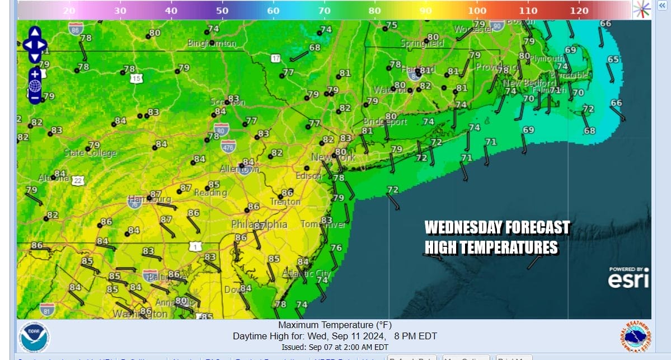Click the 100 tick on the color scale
click(477, 10)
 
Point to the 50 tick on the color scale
click(222, 10)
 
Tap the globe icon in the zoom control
click(35, 86)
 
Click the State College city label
click(90, 153)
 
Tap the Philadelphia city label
click(259, 225)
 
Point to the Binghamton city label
click(212, 43)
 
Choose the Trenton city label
click(285, 202)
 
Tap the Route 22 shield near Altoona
click(78, 180)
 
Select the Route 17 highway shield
click(275, 58)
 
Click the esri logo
click(629, 278)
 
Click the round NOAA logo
click(34, 336)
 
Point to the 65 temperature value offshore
click(613, 59)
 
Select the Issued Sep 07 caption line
click(335, 347)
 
